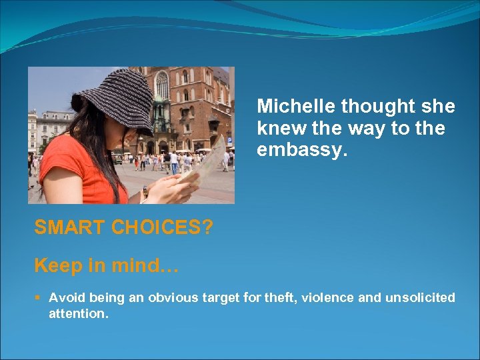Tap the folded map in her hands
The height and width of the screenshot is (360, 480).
coord(207,163)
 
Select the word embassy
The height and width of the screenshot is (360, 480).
coord(302,151)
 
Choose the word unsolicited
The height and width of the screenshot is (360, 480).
coord(420,297)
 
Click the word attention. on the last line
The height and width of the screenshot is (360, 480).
coord(78,313)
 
